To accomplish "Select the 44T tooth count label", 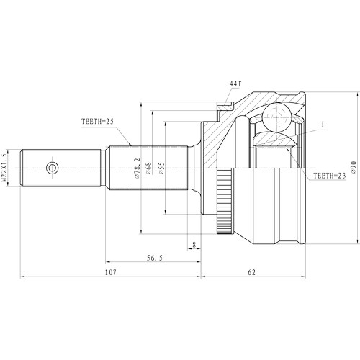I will tap(235, 85).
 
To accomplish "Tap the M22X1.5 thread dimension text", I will tap(6, 167).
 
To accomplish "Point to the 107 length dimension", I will tap(110, 273).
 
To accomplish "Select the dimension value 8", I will tap(194, 245).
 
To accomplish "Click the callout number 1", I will tap(323, 125).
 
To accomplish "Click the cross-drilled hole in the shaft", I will tap(52, 168).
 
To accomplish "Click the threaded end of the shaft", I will tap(32, 168).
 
